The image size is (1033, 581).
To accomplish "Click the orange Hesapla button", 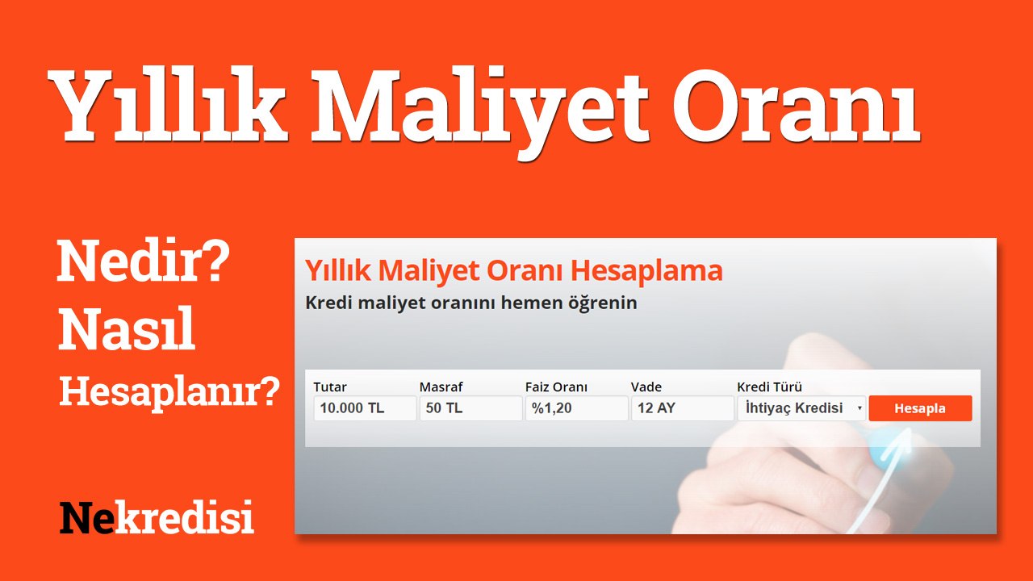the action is pos(920,408).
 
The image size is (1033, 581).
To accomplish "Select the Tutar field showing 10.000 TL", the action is pos(365,408).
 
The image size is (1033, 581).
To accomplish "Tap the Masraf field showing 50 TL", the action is pos(470,408).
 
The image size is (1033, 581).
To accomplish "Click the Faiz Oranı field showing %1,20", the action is pos(576,408).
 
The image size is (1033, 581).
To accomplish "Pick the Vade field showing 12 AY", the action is pos(683,408).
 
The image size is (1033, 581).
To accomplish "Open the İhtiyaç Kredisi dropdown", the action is pos(801,408).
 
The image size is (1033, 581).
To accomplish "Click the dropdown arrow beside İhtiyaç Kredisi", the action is pos(859,408).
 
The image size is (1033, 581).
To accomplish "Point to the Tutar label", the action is pos(330,387).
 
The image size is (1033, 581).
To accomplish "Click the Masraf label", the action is pos(441,387).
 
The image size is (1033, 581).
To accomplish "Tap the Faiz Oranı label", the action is pos(556,387).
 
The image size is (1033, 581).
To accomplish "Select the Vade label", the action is pos(646,387).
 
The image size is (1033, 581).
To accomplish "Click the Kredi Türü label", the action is pos(769,387).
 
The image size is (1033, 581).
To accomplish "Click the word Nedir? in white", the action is pos(143,261).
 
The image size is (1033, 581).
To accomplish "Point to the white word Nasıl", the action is pos(127,328).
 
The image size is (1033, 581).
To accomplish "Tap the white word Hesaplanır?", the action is pos(169,392).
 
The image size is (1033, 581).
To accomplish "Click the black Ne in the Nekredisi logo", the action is pos(86,517).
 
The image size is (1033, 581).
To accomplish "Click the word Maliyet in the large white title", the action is pos(480,111).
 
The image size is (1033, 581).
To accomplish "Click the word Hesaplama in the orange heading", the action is pos(646,270).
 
